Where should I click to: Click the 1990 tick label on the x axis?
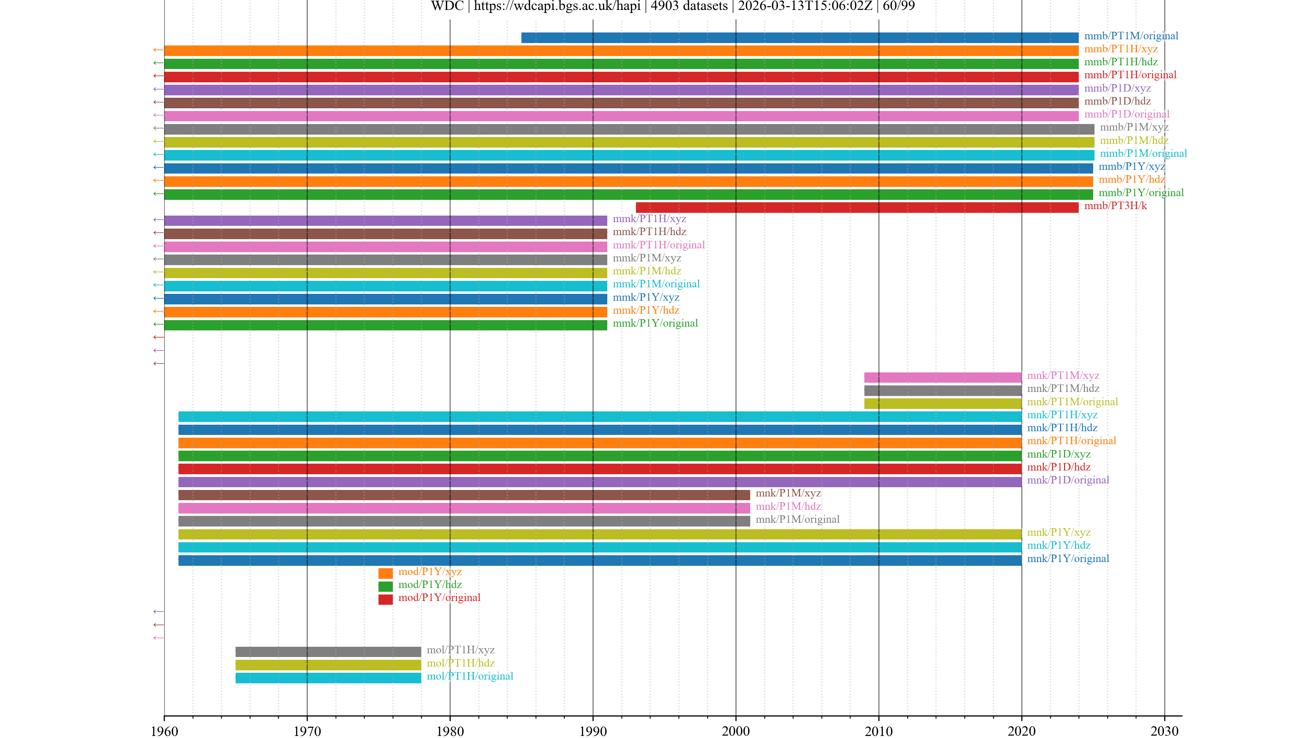[593, 731]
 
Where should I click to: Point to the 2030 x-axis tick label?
[1164, 731]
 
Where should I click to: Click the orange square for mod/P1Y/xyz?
[385, 573]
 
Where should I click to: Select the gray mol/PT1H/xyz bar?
[328, 652]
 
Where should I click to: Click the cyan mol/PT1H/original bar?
[328, 678]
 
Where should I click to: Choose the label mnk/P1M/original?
[797, 519]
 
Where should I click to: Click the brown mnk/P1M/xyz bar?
[464, 494]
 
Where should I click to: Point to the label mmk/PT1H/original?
[659, 245]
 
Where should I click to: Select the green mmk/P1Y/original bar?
[385, 325]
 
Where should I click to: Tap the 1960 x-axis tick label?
[164, 731]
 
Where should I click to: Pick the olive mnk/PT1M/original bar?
[942, 404]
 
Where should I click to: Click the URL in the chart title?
[557, 6]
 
